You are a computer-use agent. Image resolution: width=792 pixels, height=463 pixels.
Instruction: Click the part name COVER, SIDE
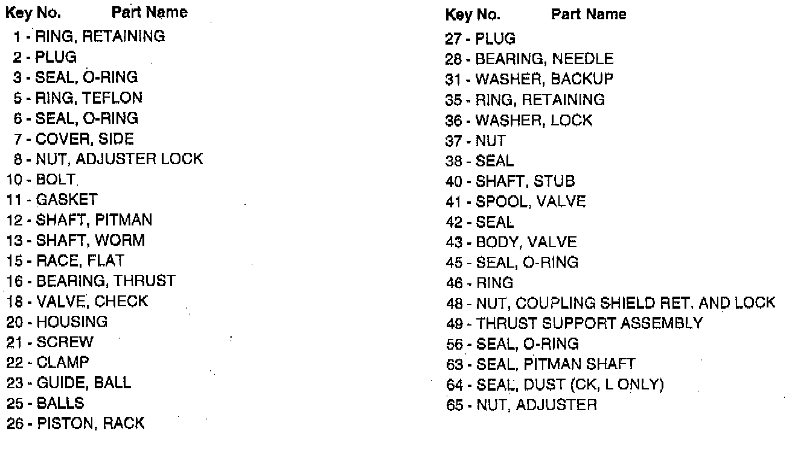pos(85,139)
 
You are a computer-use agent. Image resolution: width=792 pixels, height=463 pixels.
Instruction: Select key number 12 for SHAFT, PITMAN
pos(14,220)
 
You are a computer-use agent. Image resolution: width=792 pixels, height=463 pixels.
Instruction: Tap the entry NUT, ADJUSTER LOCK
pos(120,159)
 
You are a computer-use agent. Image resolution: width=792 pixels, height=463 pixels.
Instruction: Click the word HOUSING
pos(72,321)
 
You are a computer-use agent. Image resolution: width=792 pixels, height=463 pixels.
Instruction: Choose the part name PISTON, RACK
pos(91,423)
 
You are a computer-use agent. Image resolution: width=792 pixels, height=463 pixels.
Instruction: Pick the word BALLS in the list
pos(60,403)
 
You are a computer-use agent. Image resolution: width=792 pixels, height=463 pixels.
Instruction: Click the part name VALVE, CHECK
pos(92,301)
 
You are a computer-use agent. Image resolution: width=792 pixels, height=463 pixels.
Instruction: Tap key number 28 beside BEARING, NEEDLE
pos(453,59)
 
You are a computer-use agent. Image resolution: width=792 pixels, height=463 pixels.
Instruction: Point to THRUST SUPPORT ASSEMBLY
pos(589,323)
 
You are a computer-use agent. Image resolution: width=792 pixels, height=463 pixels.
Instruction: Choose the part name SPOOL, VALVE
pos(531,201)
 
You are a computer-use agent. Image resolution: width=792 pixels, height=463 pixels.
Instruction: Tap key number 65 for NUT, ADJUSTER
pos(453,405)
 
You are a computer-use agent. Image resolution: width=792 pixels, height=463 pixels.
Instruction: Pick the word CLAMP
pos(63,362)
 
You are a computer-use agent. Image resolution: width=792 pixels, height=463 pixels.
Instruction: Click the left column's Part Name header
pos(150,12)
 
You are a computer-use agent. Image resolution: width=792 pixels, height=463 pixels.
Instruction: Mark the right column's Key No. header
pos(472,14)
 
